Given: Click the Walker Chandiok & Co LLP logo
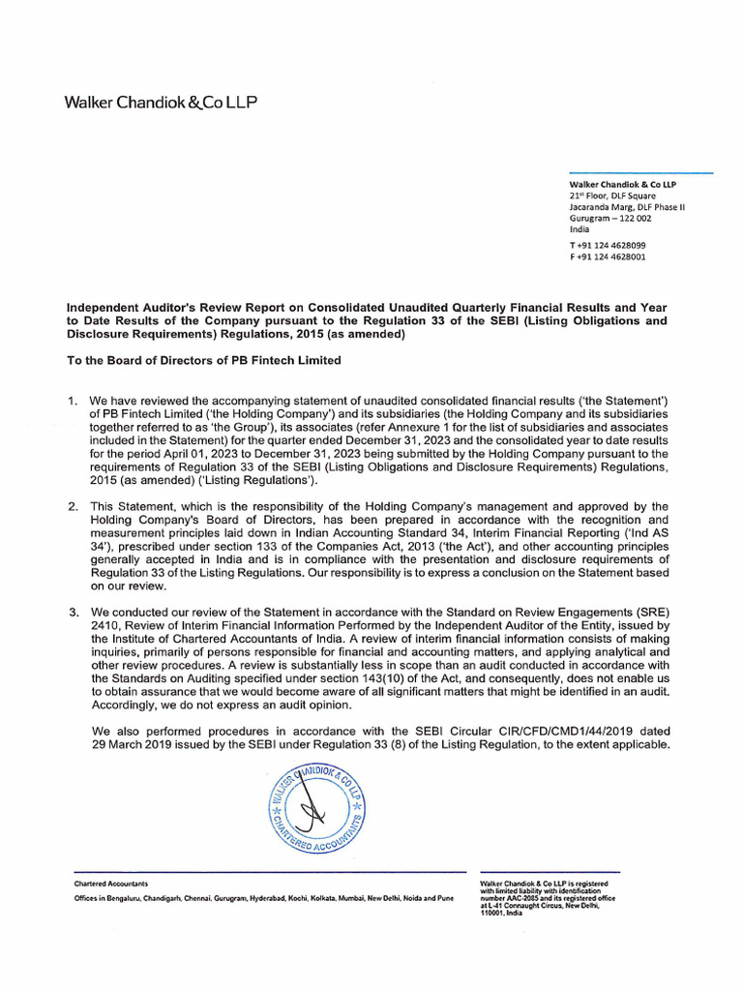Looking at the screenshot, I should coord(161,102).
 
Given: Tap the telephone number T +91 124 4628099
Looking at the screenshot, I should coord(608,246).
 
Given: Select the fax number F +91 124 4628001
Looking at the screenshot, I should coord(608,258).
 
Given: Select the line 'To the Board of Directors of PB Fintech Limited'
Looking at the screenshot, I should coord(203,360).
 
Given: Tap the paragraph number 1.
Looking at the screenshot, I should coord(72,400).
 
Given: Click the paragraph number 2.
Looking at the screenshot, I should coord(72,506).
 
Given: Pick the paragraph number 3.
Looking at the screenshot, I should coord(72,612).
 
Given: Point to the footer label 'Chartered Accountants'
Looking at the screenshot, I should coord(111,884).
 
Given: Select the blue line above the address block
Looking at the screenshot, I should coord(640,173).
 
